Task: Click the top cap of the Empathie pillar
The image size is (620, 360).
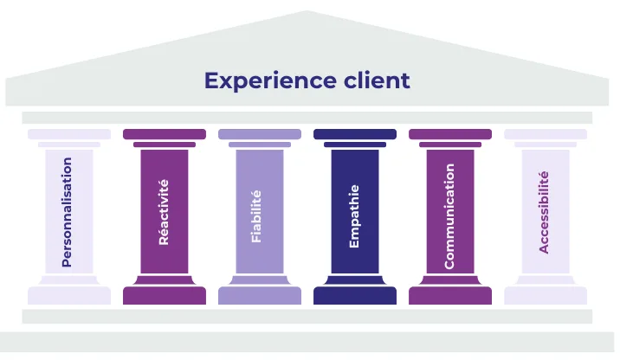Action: (355, 134)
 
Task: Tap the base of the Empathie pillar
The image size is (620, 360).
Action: (355, 296)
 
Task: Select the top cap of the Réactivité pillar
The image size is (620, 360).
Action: (165, 134)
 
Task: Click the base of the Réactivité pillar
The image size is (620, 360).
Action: (165, 296)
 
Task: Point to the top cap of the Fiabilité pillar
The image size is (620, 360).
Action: (260, 134)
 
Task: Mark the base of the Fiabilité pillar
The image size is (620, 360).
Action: (260, 296)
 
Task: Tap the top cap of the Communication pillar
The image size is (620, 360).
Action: (450, 134)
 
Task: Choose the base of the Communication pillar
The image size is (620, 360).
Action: (450, 296)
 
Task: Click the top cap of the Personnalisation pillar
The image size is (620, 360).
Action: (69, 134)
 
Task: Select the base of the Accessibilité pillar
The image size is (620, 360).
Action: (546, 296)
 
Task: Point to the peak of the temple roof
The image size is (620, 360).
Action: (307, 14)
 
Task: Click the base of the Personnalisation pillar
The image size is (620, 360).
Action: (69, 296)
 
